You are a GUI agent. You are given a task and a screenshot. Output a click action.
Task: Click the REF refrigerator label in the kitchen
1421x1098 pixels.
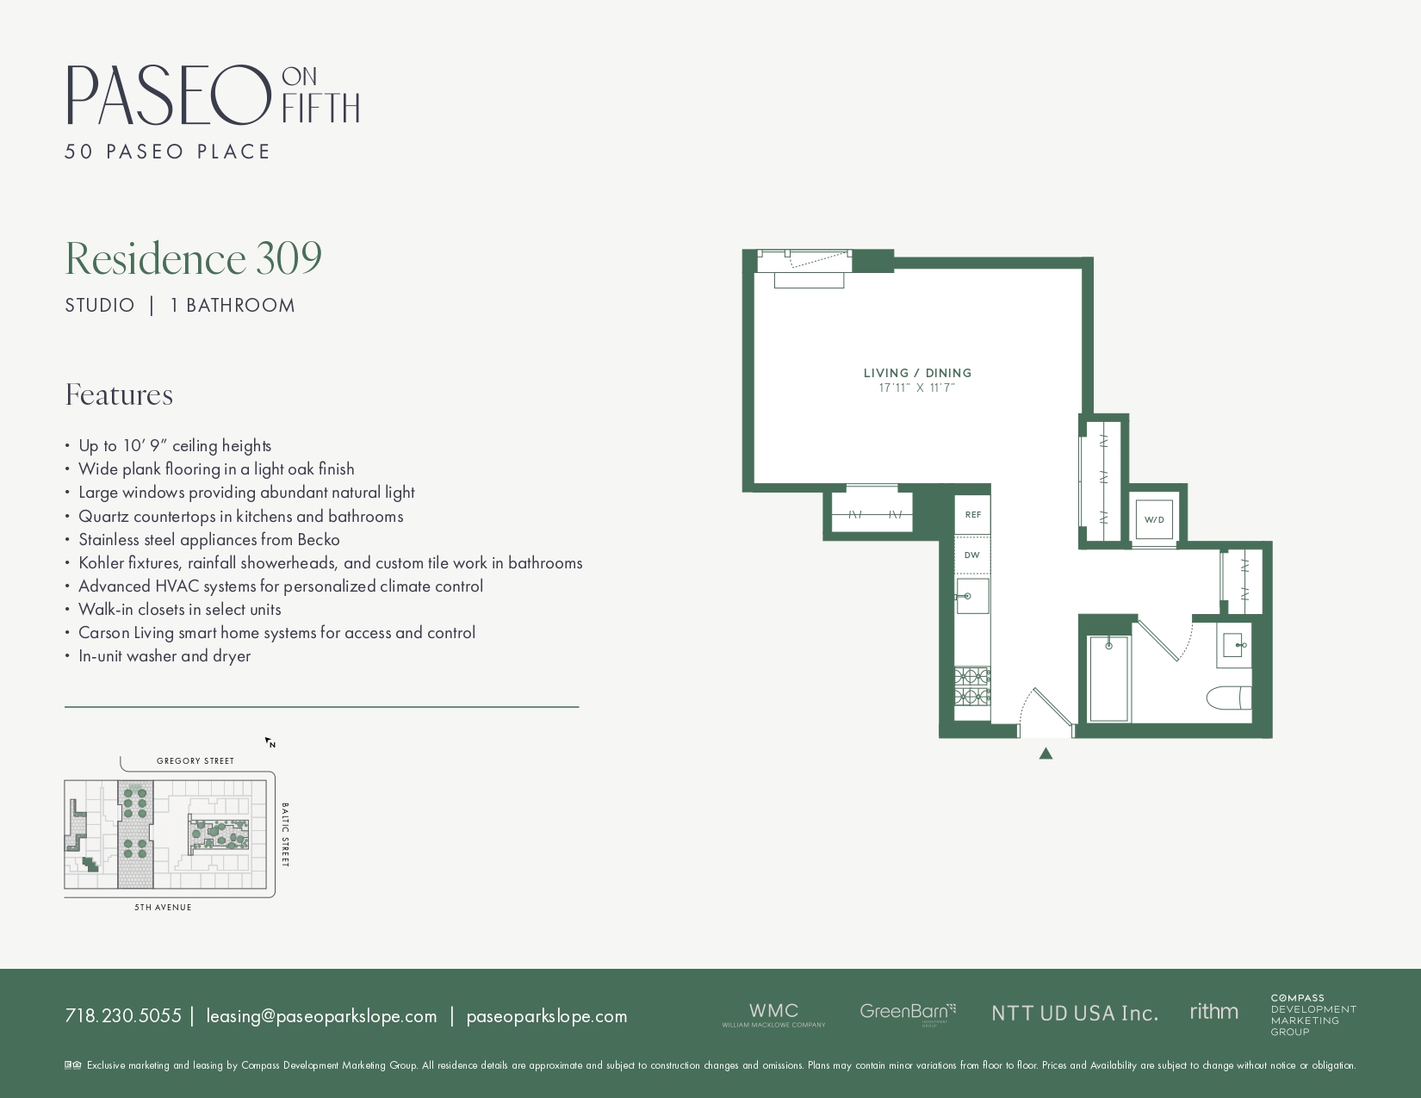972,515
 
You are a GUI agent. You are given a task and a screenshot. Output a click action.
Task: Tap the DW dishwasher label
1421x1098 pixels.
972,555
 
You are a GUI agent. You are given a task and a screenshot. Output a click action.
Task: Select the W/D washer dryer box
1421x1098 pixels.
1154,519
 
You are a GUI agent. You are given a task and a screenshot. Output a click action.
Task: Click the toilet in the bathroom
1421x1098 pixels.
1229,697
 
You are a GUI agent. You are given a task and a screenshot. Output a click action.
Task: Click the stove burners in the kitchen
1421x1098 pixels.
971,686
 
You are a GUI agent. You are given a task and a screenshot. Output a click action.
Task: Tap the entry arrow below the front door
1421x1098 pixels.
1046,754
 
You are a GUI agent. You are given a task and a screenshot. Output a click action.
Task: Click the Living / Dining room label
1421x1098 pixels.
917,373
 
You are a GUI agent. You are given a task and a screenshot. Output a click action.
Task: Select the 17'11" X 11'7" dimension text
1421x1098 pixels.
917,388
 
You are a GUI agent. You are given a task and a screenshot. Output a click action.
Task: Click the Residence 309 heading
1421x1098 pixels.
194,258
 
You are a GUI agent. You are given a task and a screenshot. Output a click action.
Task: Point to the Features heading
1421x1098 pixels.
119,395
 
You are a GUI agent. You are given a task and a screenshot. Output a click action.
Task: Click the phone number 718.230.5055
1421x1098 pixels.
123,1016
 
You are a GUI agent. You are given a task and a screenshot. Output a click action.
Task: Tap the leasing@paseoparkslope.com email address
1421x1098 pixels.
321,1016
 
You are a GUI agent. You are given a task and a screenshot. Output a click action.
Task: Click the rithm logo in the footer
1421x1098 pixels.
1213,1012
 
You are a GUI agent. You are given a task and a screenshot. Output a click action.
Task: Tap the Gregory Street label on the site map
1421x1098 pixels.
195,761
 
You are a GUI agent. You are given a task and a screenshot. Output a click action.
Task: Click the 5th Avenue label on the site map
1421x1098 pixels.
163,908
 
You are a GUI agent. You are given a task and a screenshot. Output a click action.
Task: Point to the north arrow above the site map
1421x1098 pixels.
270,742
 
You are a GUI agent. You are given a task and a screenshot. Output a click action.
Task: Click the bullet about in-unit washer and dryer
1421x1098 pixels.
164,656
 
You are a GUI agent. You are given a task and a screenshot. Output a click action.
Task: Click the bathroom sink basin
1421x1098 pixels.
1232,644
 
